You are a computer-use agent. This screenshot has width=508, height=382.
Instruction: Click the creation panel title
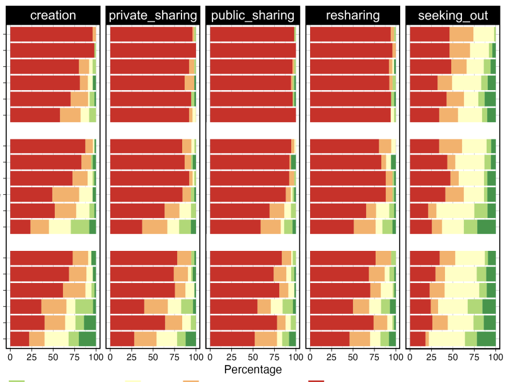53,15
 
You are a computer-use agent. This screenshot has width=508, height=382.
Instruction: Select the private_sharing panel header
153,15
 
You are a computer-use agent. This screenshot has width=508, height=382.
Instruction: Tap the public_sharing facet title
252,15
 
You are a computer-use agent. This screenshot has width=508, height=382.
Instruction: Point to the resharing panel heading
351,15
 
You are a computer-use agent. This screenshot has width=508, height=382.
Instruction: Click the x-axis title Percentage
253,369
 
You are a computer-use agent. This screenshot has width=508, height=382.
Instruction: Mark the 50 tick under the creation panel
53,357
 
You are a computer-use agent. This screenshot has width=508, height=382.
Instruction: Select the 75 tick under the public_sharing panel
274,357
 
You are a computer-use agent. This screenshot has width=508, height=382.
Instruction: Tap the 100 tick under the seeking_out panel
495,357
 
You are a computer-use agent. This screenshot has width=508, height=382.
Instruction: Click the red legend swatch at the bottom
316,380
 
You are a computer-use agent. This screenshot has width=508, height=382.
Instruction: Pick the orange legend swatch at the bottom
191,380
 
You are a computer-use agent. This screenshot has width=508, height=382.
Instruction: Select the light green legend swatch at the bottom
18,380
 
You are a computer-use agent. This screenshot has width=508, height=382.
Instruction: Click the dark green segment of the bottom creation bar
87,339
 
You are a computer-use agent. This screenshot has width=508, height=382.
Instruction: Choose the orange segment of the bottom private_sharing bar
145,339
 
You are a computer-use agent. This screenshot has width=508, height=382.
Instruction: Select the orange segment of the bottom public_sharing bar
265,339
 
